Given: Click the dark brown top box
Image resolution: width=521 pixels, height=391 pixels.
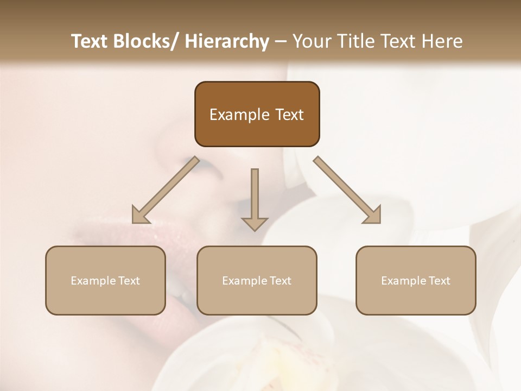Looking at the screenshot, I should (257, 114).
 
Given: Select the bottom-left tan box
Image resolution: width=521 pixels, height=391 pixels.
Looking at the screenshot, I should (105, 280).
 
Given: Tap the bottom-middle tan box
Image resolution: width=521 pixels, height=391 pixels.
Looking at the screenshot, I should (257, 280).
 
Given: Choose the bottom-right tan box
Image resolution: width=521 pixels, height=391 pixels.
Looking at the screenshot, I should (416, 280).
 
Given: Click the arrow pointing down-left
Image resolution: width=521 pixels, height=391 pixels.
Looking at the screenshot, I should (166, 190).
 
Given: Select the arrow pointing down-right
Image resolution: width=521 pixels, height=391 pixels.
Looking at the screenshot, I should (347, 190).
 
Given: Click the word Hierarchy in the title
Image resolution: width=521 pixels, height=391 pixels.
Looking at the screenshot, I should (227, 41).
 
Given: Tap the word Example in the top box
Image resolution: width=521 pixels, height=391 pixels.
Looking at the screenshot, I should (232, 115).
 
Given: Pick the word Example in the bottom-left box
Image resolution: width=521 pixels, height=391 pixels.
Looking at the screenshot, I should (93, 281).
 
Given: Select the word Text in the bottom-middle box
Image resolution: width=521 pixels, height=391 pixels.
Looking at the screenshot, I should (279, 281).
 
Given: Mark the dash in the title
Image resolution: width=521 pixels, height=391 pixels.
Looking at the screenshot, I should (281, 41).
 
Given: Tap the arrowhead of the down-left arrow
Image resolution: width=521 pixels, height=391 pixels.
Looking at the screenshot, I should (140, 216).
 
